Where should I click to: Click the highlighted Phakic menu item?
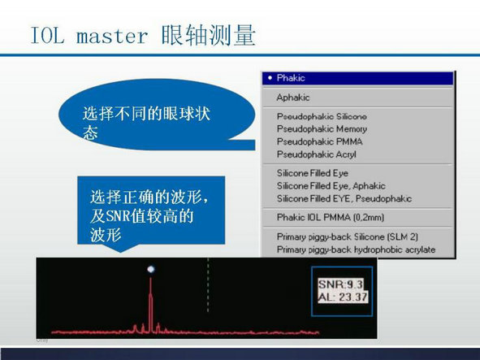pyautogui.click(x=357, y=78)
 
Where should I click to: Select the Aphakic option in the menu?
pyautogui.click(x=293, y=98)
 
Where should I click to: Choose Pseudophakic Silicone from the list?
pyautogui.click(x=322, y=116)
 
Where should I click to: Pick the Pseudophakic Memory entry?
pyautogui.click(x=322, y=129)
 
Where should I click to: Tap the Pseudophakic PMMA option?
pyautogui.click(x=319, y=141)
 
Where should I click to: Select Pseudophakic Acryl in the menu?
pyautogui.click(x=317, y=154)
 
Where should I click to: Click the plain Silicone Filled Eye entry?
pyautogui.click(x=313, y=173)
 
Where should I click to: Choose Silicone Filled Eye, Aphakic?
pyautogui.click(x=331, y=186)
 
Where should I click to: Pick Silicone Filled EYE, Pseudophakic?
pyautogui.click(x=344, y=198)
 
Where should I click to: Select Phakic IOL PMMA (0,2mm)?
pyautogui.click(x=331, y=218)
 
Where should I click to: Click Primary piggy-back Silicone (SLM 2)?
pyautogui.click(x=347, y=236)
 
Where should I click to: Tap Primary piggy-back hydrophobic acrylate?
pyautogui.click(x=356, y=249)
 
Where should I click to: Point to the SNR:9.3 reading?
pyautogui.click(x=340, y=284)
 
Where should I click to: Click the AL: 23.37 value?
pyautogui.click(x=343, y=297)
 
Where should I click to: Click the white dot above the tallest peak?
pyautogui.click(x=151, y=269)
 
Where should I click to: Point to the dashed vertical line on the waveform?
pyautogui.click(x=208, y=285)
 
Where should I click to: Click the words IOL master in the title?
pyautogui.click(x=89, y=36)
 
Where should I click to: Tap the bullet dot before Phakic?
pyautogui.click(x=270, y=78)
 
